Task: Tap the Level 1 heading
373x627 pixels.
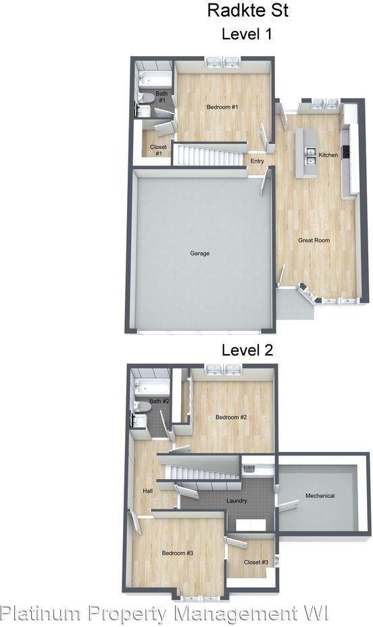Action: click(x=247, y=34)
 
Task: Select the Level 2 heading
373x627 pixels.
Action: click(x=247, y=350)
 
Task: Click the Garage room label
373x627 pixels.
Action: click(x=199, y=253)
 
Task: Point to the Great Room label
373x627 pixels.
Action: click(x=314, y=240)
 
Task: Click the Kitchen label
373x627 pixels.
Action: click(x=328, y=155)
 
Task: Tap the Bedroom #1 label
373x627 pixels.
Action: click(x=222, y=107)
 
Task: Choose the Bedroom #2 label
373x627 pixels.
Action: click(x=231, y=417)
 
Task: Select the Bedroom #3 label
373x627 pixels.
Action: click(x=178, y=553)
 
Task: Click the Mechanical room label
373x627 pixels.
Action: click(x=320, y=495)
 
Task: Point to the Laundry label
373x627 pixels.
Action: click(x=237, y=501)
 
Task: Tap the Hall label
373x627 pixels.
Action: click(x=147, y=491)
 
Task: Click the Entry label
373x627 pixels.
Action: click(x=257, y=161)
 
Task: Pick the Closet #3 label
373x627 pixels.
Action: click(x=256, y=562)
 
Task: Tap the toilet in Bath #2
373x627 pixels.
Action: click(x=143, y=407)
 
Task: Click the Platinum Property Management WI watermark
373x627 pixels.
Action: click(x=164, y=613)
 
